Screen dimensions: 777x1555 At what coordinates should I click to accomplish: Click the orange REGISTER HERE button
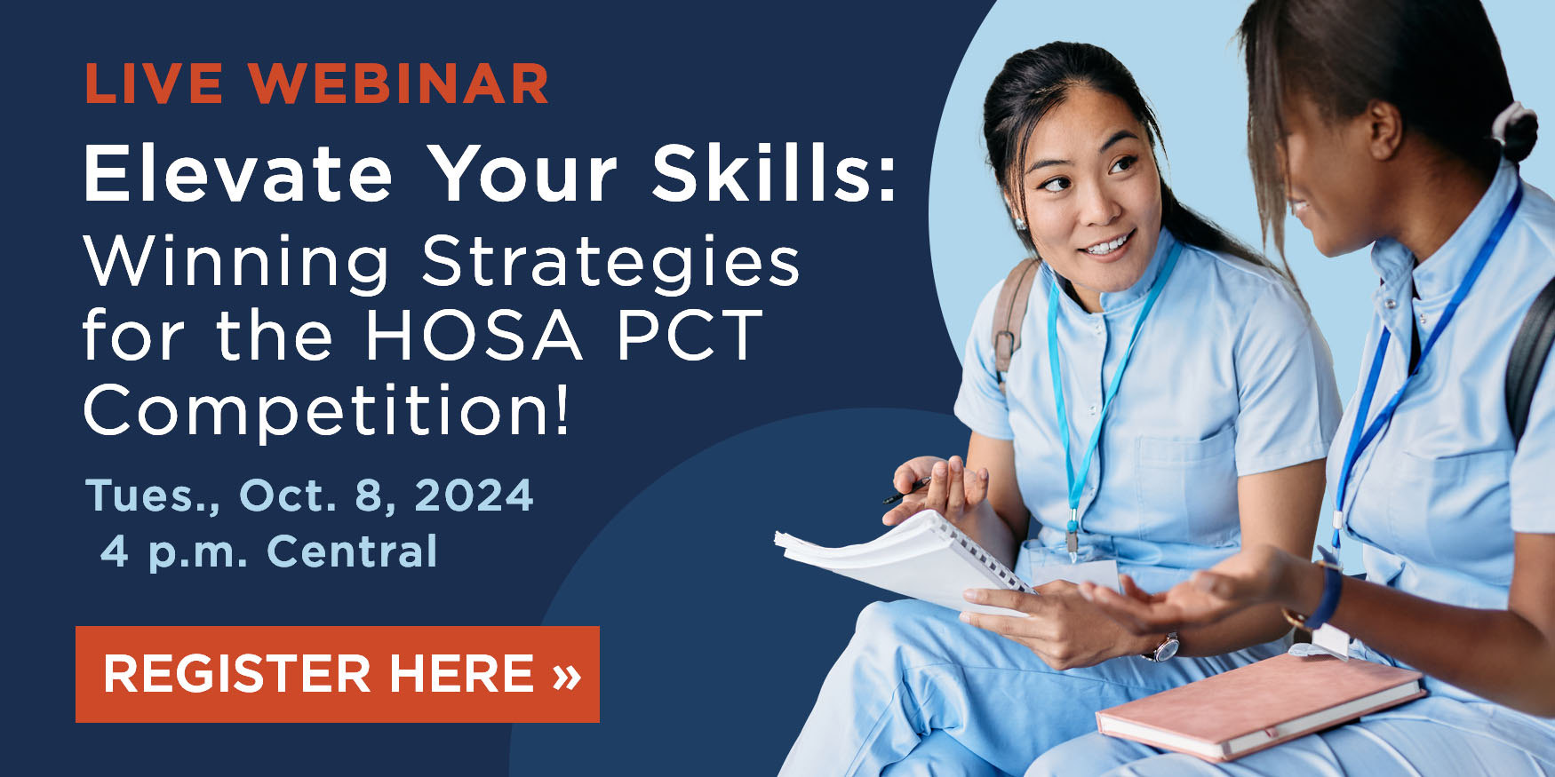pos(337,674)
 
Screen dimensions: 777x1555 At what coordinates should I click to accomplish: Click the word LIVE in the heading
pos(154,84)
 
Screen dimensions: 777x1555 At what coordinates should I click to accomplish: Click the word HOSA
pos(474,336)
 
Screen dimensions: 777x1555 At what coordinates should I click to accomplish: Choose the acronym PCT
pos(689,336)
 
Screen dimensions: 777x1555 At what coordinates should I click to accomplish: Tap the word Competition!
pos(326,410)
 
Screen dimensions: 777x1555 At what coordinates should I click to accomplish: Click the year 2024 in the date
pos(474,495)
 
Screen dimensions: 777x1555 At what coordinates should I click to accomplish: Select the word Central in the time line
pos(352,551)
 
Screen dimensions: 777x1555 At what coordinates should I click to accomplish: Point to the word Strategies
pos(610,262)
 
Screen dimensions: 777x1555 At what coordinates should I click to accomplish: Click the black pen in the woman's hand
pos(905,491)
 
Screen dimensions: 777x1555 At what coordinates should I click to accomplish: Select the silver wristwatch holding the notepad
pos(1162,648)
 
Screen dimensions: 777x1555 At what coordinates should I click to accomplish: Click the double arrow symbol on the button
pos(566,675)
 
